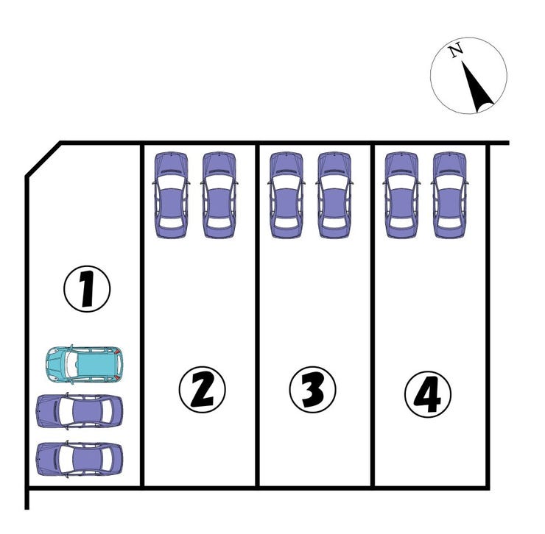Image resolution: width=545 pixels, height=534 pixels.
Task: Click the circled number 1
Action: click(x=86, y=290)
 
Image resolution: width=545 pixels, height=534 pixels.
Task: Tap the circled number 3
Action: click(x=312, y=389)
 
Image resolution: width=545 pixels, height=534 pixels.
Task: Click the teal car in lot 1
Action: click(x=84, y=363)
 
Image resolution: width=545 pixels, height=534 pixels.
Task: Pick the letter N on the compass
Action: click(x=456, y=51)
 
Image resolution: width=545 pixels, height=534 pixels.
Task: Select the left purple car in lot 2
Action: click(x=171, y=195)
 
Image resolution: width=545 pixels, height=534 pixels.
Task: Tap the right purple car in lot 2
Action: click(x=219, y=195)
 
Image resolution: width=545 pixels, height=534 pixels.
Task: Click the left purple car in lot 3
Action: click(x=286, y=195)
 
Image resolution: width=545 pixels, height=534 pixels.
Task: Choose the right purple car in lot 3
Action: click(x=334, y=195)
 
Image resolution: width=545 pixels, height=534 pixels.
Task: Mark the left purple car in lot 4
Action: click(x=401, y=195)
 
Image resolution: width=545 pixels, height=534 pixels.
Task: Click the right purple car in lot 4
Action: click(x=450, y=195)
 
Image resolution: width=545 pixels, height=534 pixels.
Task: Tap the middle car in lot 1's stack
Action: click(x=80, y=411)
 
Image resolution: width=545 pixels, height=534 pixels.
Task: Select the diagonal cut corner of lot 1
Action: click(x=43, y=158)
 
